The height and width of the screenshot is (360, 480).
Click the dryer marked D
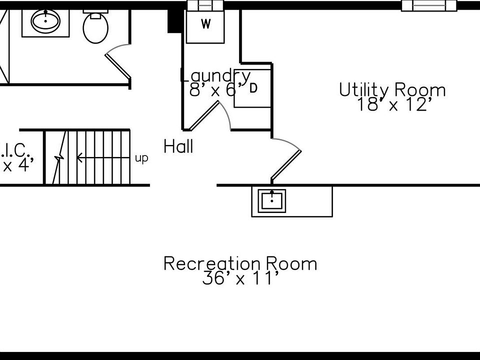click(253, 88)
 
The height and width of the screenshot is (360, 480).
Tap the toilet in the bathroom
click(95, 27)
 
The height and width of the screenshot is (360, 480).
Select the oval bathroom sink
click(45, 21)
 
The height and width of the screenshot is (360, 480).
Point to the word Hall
click(178, 147)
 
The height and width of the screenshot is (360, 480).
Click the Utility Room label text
click(392, 90)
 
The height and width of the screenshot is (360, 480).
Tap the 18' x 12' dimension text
click(394, 105)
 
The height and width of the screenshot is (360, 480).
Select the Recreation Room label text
click(240, 263)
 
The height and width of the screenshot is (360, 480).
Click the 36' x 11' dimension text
click(240, 278)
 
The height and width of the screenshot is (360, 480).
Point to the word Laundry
click(215, 75)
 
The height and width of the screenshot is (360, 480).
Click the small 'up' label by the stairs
click(141, 158)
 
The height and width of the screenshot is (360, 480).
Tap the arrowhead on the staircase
click(79, 158)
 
